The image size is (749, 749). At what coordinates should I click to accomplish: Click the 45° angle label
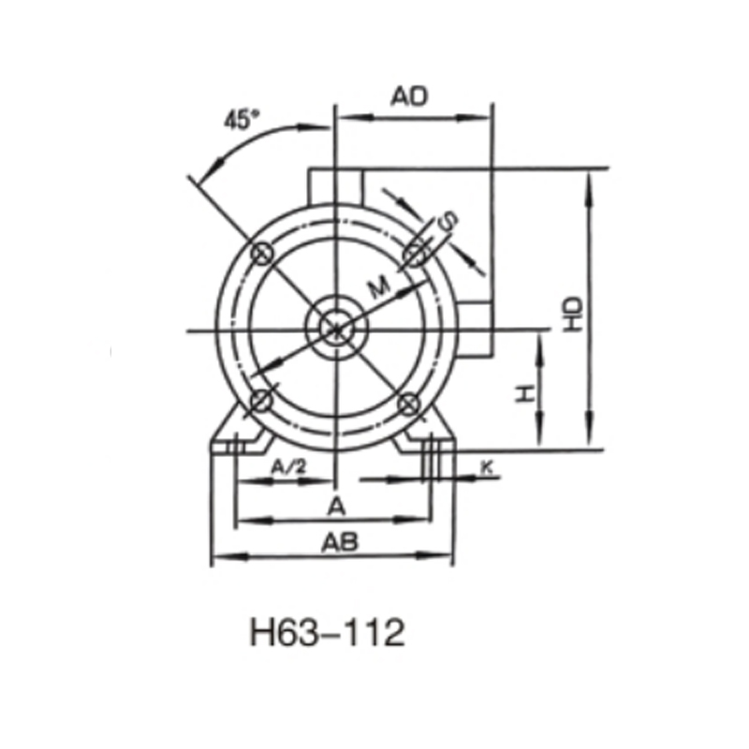click(241, 120)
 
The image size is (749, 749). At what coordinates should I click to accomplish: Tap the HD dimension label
click(573, 314)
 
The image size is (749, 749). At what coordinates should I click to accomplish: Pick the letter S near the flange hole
click(450, 221)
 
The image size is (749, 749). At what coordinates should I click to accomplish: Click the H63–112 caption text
click(328, 634)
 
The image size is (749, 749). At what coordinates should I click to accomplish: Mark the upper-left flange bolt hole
click(261, 253)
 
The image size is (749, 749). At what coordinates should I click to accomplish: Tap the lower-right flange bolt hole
click(409, 403)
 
